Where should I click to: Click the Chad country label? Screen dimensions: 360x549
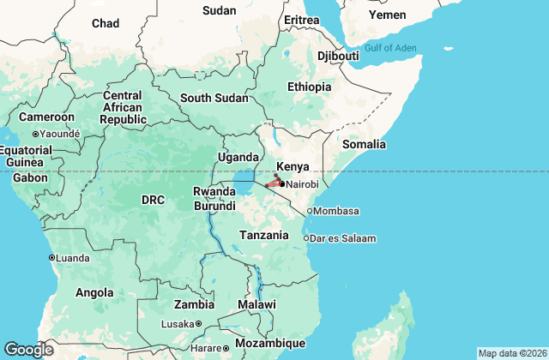106,23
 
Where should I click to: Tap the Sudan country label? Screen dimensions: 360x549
219,10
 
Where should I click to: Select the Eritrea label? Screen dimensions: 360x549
301,20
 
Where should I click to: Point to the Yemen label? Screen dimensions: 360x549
387,15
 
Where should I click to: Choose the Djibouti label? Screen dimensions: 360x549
338,56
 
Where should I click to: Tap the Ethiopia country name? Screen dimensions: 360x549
309,87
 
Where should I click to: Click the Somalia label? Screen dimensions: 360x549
364,144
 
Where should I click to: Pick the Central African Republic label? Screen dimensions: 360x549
122,107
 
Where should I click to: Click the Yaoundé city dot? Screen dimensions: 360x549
35,134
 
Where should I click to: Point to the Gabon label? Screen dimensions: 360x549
30,177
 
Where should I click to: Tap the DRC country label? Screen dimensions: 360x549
153,200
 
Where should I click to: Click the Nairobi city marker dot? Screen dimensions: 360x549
282,183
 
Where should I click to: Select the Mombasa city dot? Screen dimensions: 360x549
310,211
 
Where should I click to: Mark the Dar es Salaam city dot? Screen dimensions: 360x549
307,237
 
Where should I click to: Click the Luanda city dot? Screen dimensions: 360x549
51,257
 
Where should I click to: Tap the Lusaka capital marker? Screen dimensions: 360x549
198,323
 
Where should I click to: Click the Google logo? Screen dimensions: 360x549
29,349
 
